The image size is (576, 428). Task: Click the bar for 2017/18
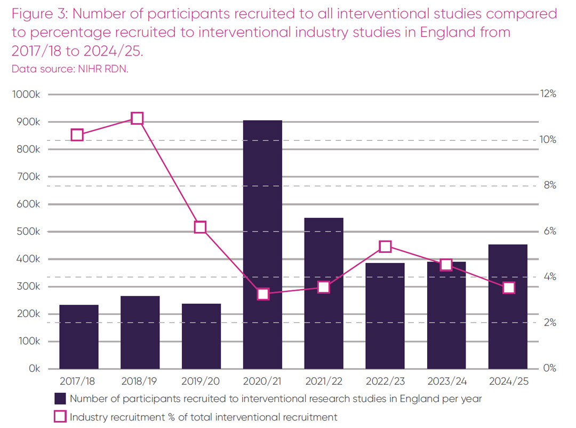[x=79, y=337]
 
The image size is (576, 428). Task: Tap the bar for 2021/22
[x=324, y=293]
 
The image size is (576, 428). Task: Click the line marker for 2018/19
[x=137, y=118]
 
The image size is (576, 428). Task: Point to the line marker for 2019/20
[x=200, y=227]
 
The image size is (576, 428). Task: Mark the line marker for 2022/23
[x=385, y=246]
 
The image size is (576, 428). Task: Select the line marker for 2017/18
[x=77, y=135]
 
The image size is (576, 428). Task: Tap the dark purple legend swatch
[x=60, y=398]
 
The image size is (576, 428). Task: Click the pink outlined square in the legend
[x=60, y=416]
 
